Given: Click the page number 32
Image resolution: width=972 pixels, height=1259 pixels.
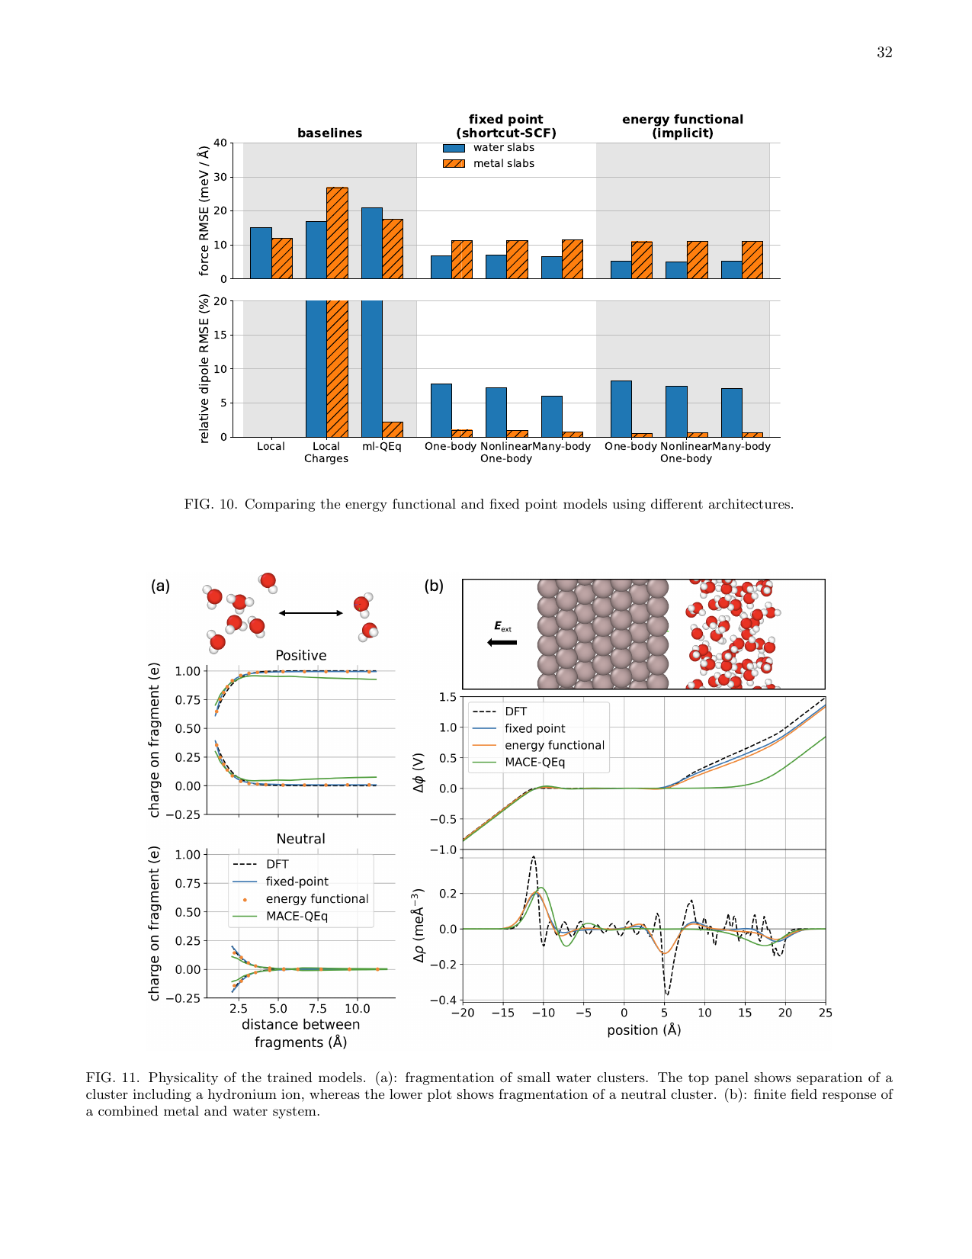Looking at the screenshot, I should point(884,53).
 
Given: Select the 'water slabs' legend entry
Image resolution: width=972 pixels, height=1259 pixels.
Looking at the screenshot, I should point(503,148).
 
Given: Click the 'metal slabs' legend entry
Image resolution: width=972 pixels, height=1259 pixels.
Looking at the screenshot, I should point(503,164).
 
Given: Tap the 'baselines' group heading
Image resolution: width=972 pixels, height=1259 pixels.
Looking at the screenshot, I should point(329,133).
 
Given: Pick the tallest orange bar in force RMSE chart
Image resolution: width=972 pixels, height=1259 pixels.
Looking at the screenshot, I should point(337,233).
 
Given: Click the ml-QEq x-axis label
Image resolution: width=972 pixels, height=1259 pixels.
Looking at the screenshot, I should point(381,447).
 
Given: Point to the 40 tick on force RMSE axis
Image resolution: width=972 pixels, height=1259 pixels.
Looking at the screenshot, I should point(220,143).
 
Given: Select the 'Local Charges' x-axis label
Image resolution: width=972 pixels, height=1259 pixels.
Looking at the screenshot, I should point(326,452).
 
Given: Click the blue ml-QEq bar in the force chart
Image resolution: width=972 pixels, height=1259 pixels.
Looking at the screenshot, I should point(372,242).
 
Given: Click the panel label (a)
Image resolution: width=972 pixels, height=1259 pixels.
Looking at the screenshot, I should point(160,586).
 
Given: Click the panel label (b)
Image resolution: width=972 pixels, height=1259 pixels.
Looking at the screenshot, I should point(434,586).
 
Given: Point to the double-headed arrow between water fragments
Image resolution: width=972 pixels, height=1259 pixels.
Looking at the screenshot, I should point(311,613).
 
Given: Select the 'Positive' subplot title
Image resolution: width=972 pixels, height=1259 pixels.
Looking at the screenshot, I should point(300,656).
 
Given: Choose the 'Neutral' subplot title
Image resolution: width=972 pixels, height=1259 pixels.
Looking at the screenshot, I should point(300,839).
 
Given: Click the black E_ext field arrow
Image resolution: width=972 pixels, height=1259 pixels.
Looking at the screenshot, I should point(502,642).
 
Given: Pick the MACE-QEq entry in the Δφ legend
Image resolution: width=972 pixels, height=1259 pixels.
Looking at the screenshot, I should point(534,763).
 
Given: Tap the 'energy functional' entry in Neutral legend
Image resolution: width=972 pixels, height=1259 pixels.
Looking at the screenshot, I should point(316,899).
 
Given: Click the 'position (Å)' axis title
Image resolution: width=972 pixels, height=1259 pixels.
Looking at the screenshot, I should point(643,1030).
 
